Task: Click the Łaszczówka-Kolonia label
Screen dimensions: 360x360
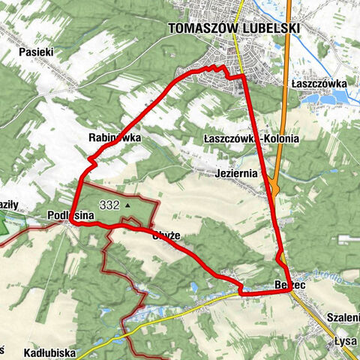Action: [251, 139]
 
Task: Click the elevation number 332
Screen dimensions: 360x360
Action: [109, 204]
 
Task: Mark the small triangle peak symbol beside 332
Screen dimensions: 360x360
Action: [128, 204]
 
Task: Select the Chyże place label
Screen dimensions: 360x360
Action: [166, 235]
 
